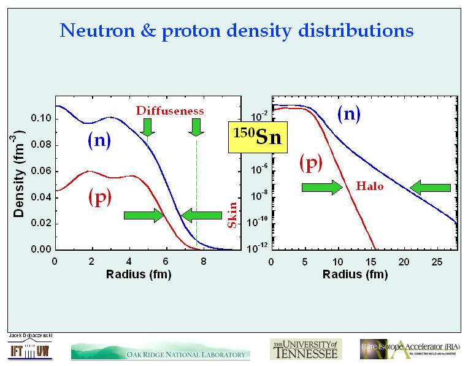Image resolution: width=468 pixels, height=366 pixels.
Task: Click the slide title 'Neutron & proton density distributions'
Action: click(236, 30)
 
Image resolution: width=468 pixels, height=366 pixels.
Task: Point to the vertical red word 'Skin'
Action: click(232, 216)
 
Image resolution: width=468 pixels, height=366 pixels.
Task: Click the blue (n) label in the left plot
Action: click(98, 141)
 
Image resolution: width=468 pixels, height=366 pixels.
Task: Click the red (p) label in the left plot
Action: click(99, 197)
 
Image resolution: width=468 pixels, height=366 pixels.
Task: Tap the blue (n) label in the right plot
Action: click(348, 114)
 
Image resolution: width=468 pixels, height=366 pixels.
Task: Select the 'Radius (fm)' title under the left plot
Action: click(138, 274)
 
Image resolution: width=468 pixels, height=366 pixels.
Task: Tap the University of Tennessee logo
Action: click(304, 349)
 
